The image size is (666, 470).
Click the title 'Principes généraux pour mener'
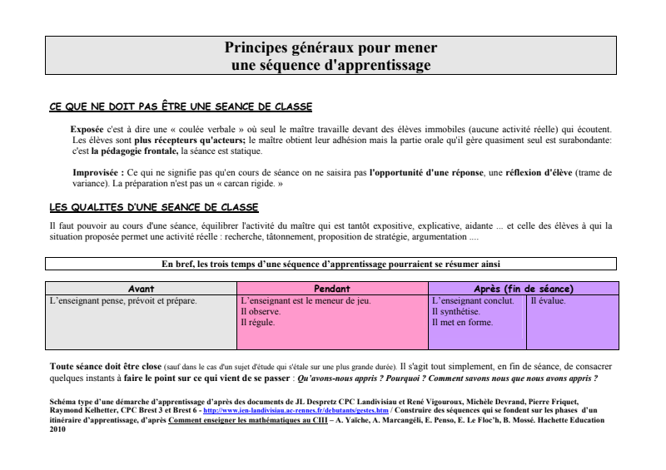(x=331, y=47)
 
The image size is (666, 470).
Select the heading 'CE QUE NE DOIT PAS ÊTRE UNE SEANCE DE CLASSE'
(x=181, y=107)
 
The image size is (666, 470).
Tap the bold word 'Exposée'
(x=88, y=130)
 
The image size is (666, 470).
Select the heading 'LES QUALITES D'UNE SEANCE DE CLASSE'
(x=154, y=207)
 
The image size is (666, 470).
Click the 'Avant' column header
(x=141, y=289)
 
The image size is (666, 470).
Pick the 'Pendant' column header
(x=331, y=289)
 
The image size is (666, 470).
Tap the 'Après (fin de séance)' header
(x=523, y=289)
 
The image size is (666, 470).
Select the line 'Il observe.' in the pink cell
(x=260, y=311)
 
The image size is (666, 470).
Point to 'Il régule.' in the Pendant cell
(x=257, y=322)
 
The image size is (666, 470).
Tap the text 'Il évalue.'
(x=549, y=300)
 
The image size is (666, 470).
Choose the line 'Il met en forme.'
(x=463, y=322)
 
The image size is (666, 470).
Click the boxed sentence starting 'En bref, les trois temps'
(x=331, y=265)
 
